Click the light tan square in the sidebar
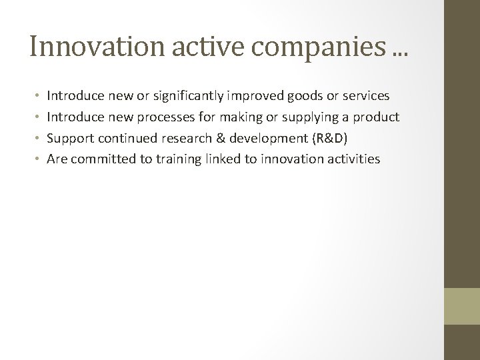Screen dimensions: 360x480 pos(461,306)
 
